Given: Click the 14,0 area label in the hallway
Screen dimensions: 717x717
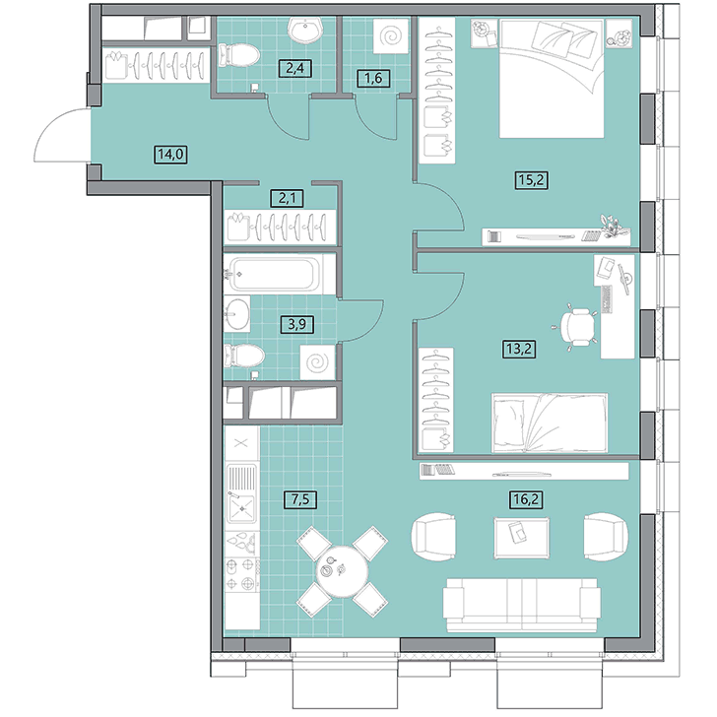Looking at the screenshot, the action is pyautogui.click(x=170, y=154).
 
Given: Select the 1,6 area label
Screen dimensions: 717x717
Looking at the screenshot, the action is pyautogui.click(x=373, y=78).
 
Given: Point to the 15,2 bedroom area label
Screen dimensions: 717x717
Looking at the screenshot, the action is pyautogui.click(x=532, y=179).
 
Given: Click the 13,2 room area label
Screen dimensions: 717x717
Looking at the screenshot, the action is pyautogui.click(x=518, y=349).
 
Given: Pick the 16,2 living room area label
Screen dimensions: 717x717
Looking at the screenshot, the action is pyautogui.click(x=526, y=499).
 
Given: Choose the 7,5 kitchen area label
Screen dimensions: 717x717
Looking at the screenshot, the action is pyautogui.click(x=300, y=499).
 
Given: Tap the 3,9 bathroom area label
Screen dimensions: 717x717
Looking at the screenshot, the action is pyautogui.click(x=297, y=324).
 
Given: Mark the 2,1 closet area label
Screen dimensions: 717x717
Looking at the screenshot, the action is pyautogui.click(x=288, y=198).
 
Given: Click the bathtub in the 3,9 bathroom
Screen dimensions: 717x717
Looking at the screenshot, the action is pyautogui.click(x=274, y=274).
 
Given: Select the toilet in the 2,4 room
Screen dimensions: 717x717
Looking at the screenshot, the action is pyautogui.click(x=238, y=56).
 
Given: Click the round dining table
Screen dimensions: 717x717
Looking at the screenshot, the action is pyautogui.click(x=343, y=570).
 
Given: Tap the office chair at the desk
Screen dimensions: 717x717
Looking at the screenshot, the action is pyautogui.click(x=577, y=327).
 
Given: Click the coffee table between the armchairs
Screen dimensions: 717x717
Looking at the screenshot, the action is pyautogui.click(x=522, y=538).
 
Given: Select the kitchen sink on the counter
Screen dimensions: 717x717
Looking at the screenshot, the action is pyautogui.click(x=242, y=493).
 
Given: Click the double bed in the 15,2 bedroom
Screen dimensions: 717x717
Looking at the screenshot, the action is pyautogui.click(x=552, y=78).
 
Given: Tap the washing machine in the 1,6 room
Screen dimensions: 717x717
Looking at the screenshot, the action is pyautogui.click(x=390, y=36).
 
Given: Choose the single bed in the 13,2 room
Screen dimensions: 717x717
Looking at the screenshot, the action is pyautogui.click(x=550, y=423).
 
